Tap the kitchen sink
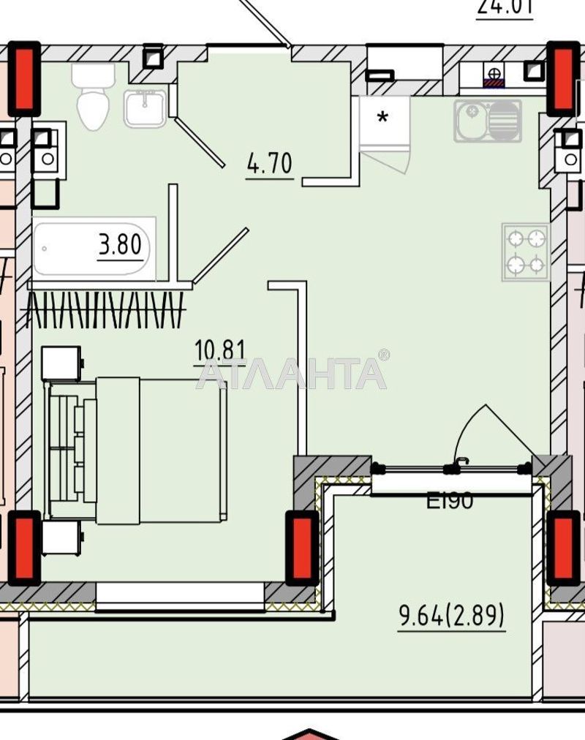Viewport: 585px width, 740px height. pos(487,121)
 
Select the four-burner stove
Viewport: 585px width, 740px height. pos(526,252)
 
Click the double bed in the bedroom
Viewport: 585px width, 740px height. pos(135,450)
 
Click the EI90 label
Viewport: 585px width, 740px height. pos(450,501)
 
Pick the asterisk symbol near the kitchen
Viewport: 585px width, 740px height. pos(382,118)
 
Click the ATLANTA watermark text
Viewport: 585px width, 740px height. pos(292,373)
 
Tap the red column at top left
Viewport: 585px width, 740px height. pos(24,78)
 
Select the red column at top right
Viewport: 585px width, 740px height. pos(564,78)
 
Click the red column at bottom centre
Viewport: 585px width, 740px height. pos(301,548)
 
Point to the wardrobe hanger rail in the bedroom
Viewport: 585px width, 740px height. pos(105,309)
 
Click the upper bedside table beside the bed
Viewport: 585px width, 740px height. pos(61,363)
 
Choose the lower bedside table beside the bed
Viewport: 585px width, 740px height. pos(61,538)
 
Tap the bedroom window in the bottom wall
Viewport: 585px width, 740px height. pos(180,594)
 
